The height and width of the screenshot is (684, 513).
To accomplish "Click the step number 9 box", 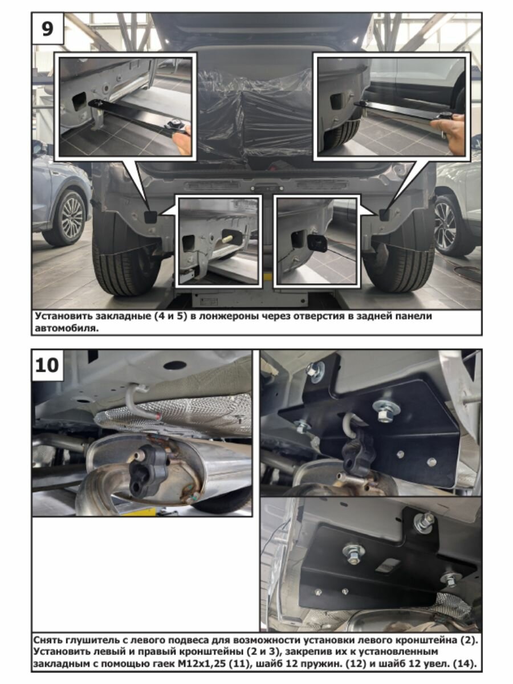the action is [x=48, y=28].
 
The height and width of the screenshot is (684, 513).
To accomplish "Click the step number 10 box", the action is [x=47, y=365].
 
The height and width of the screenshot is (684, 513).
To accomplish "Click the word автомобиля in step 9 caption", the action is [x=66, y=328].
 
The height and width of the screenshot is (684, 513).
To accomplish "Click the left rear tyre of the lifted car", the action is [x=125, y=259].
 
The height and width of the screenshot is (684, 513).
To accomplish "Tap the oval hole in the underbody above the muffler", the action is [x=175, y=365].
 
